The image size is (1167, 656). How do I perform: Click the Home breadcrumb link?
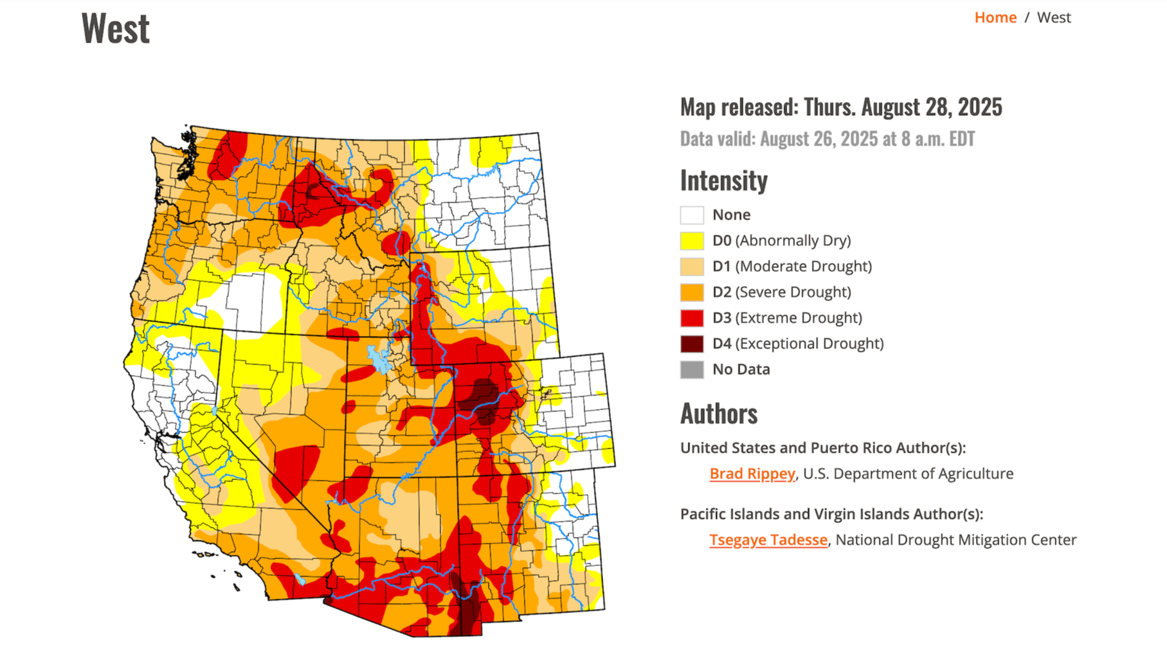click(995, 18)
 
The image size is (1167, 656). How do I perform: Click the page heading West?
click(116, 29)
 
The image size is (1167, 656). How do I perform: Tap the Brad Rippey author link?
click(752, 474)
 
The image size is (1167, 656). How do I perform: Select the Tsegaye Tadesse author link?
click(768, 540)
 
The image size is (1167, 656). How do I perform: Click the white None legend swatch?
click(692, 215)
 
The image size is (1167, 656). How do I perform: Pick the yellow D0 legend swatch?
click(692, 240)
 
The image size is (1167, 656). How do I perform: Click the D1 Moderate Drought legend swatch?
click(692, 266)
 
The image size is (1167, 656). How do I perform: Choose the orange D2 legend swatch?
click(692, 292)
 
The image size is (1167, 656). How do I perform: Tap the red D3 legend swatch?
click(692, 317)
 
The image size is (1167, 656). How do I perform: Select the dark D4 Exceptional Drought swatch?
click(692, 344)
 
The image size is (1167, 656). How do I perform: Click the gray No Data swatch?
click(692, 369)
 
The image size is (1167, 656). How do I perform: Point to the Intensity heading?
click(723, 181)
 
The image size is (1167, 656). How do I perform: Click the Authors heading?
click(718, 414)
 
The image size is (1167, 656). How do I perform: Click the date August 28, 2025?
click(931, 107)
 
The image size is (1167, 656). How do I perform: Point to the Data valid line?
click(827, 139)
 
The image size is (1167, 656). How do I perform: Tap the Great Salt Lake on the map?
click(378, 360)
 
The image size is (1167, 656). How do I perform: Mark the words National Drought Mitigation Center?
click(955, 540)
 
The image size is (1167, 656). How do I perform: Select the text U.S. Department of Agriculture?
click(908, 474)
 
